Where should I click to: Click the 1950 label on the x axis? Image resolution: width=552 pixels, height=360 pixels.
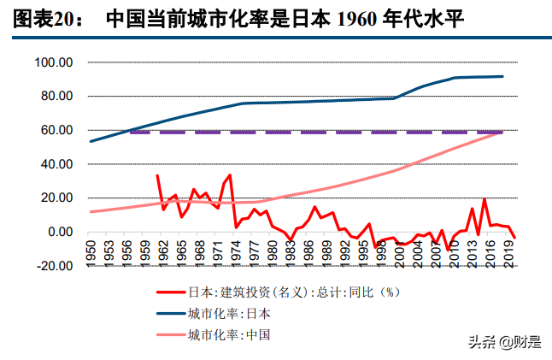[91, 253]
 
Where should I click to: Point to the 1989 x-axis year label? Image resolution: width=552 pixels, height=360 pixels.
[326, 253]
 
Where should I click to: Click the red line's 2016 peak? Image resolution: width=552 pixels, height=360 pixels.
[484, 200]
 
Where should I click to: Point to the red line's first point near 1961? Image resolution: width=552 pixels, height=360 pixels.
[157, 175]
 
